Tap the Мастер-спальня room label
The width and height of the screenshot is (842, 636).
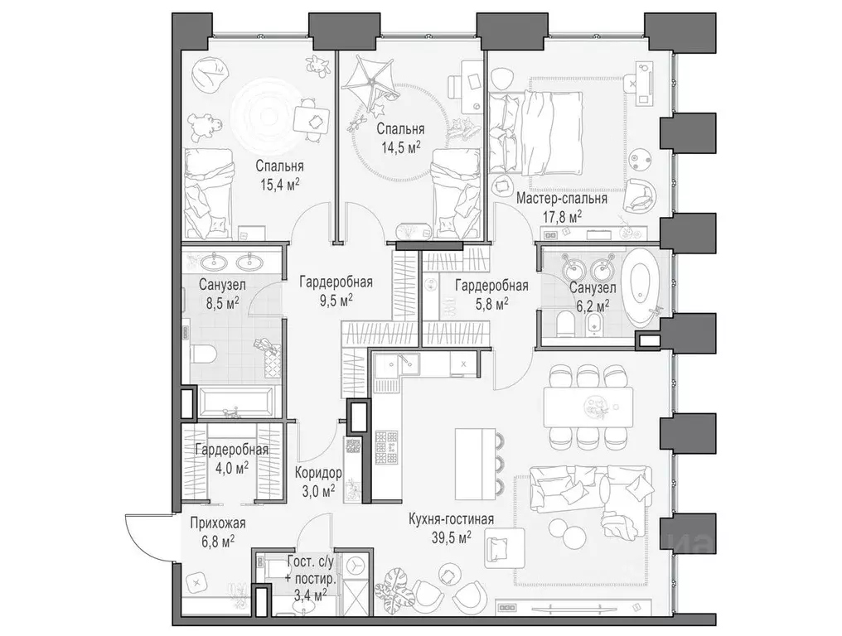point(562,199)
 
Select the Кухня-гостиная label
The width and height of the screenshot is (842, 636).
point(451,519)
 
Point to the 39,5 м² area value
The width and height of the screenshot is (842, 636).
point(451,536)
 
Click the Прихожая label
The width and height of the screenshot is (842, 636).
point(217,523)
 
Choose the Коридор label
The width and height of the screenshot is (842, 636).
point(318,473)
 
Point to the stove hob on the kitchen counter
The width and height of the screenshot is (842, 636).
point(387,446)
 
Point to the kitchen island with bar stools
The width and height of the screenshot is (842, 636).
point(476,464)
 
